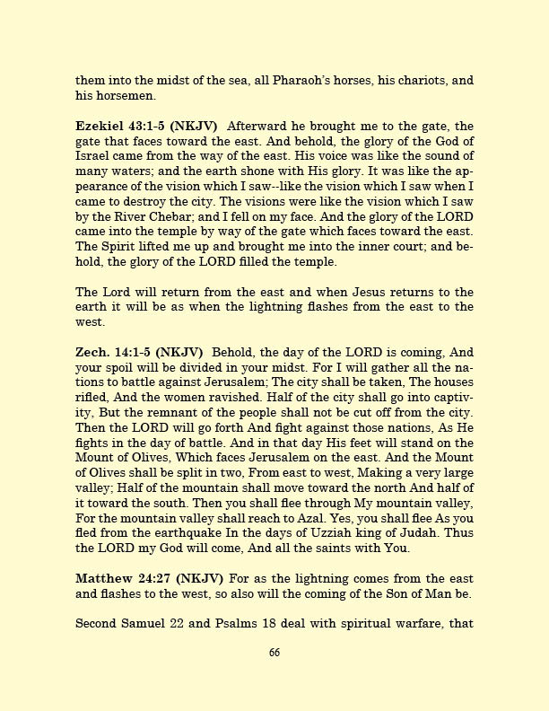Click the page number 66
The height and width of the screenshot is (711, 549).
click(x=274, y=678)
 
